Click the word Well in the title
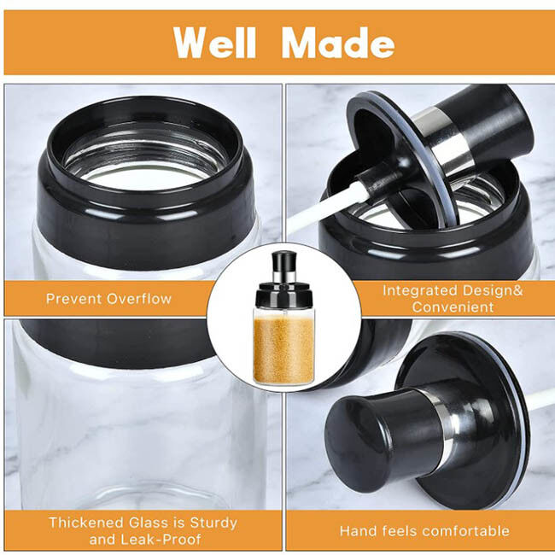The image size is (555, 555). [x=214, y=43]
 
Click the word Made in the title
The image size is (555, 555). [x=338, y=43]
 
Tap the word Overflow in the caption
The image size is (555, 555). [x=139, y=299]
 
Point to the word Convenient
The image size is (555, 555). [x=453, y=307]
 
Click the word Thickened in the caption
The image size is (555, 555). [x=87, y=523]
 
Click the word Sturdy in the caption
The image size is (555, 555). [x=213, y=523]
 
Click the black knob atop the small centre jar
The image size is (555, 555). [x=283, y=261]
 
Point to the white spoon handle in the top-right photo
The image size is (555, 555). [x=325, y=212]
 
